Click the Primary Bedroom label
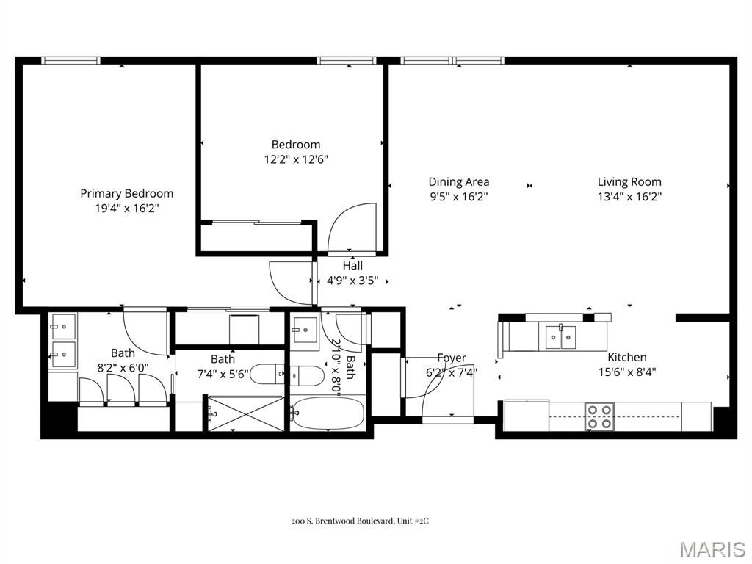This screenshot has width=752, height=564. (127, 193)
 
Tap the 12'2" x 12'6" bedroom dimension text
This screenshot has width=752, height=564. (296, 159)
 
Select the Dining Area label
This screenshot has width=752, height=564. (459, 181)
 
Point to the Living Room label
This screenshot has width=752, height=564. (629, 181)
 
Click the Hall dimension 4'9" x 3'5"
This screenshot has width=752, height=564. (352, 280)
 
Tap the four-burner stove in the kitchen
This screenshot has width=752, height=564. (600, 416)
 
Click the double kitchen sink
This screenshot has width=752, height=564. (561, 336)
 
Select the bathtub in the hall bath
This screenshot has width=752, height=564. (328, 415)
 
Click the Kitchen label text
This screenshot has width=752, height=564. (627, 357)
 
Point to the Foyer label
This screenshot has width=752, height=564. (452, 358)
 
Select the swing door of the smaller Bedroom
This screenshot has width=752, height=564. (352, 229)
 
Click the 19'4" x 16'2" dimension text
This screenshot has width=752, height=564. (127, 208)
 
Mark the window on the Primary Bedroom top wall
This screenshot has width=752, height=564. (71, 60)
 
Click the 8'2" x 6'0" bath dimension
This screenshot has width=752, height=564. (123, 367)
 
